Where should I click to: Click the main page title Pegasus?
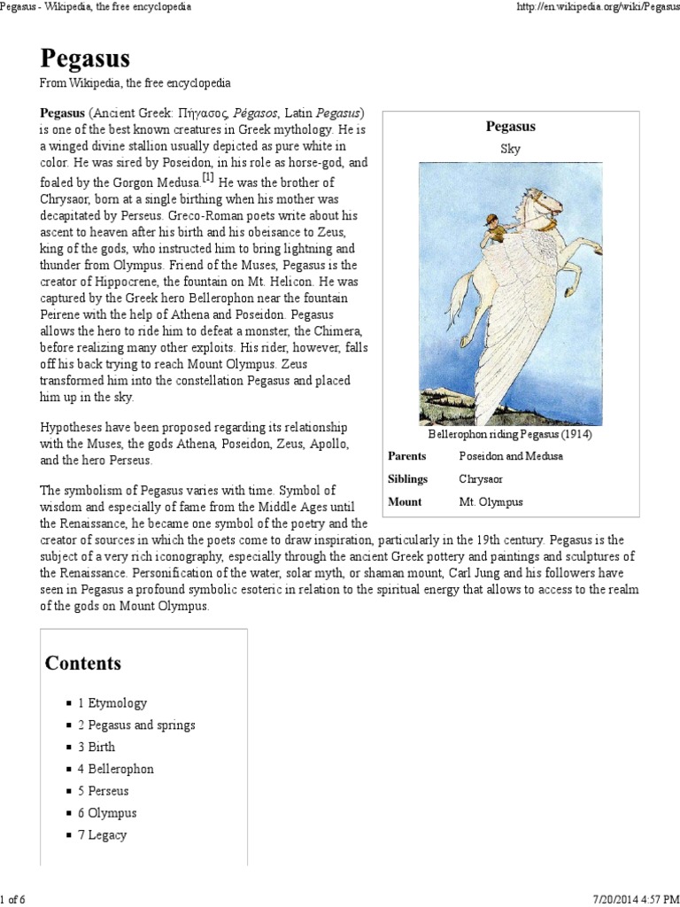(85, 58)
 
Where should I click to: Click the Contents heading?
(83, 663)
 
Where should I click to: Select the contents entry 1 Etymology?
(112, 703)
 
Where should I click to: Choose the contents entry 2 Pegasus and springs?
(135, 725)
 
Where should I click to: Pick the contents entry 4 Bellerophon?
(115, 769)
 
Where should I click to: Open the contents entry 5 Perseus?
(103, 791)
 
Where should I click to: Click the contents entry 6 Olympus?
(106, 813)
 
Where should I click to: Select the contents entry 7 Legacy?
(102, 834)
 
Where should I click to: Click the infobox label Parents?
(407, 456)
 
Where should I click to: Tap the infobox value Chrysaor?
(484, 479)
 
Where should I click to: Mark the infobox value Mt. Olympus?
(491, 502)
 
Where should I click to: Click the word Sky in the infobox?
(510, 149)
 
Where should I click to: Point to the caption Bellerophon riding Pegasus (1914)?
(510, 435)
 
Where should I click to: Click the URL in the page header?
(596, 7)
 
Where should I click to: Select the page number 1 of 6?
(14, 899)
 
